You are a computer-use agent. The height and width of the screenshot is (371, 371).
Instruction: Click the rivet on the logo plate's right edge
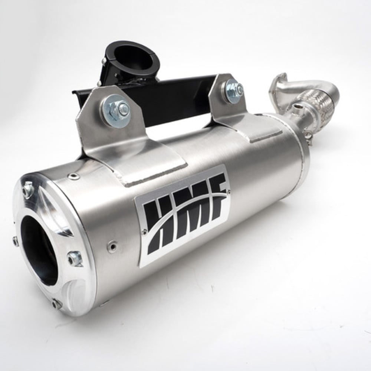pyautogui.click(x=228, y=191)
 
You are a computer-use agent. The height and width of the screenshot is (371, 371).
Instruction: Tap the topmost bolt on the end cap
pyautogui.click(x=27, y=190)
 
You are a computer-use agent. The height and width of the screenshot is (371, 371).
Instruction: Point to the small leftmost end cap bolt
pyautogui.click(x=15, y=242)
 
